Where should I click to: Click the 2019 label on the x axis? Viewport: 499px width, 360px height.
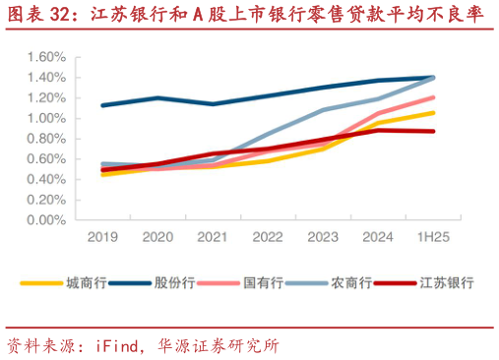pyautogui.click(x=102, y=238)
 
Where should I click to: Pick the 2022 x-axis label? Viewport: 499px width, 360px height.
pyautogui.click(x=268, y=238)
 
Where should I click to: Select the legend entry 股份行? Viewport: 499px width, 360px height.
pyautogui.click(x=173, y=282)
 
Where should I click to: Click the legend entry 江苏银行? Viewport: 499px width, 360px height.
pyautogui.click(x=446, y=282)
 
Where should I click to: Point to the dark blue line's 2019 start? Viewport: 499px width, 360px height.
pyautogui.click(x=102, y=105)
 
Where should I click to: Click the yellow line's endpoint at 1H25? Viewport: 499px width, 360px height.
pyautogui.click(x=434, y=113)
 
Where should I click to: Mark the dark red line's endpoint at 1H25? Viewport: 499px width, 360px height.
pyautogui.click(x=434, y=132)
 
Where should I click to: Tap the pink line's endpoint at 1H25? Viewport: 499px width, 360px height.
pyautogui.click(x=434, y=97)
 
